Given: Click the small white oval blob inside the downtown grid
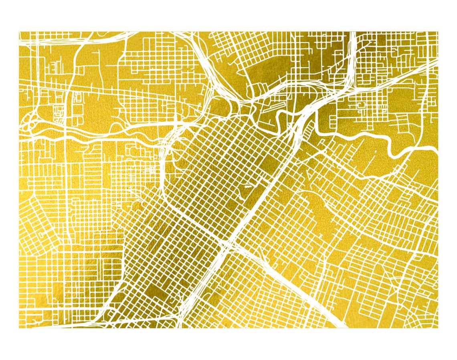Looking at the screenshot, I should coord(247,185).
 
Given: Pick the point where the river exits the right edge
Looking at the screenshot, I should coord(435,149).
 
